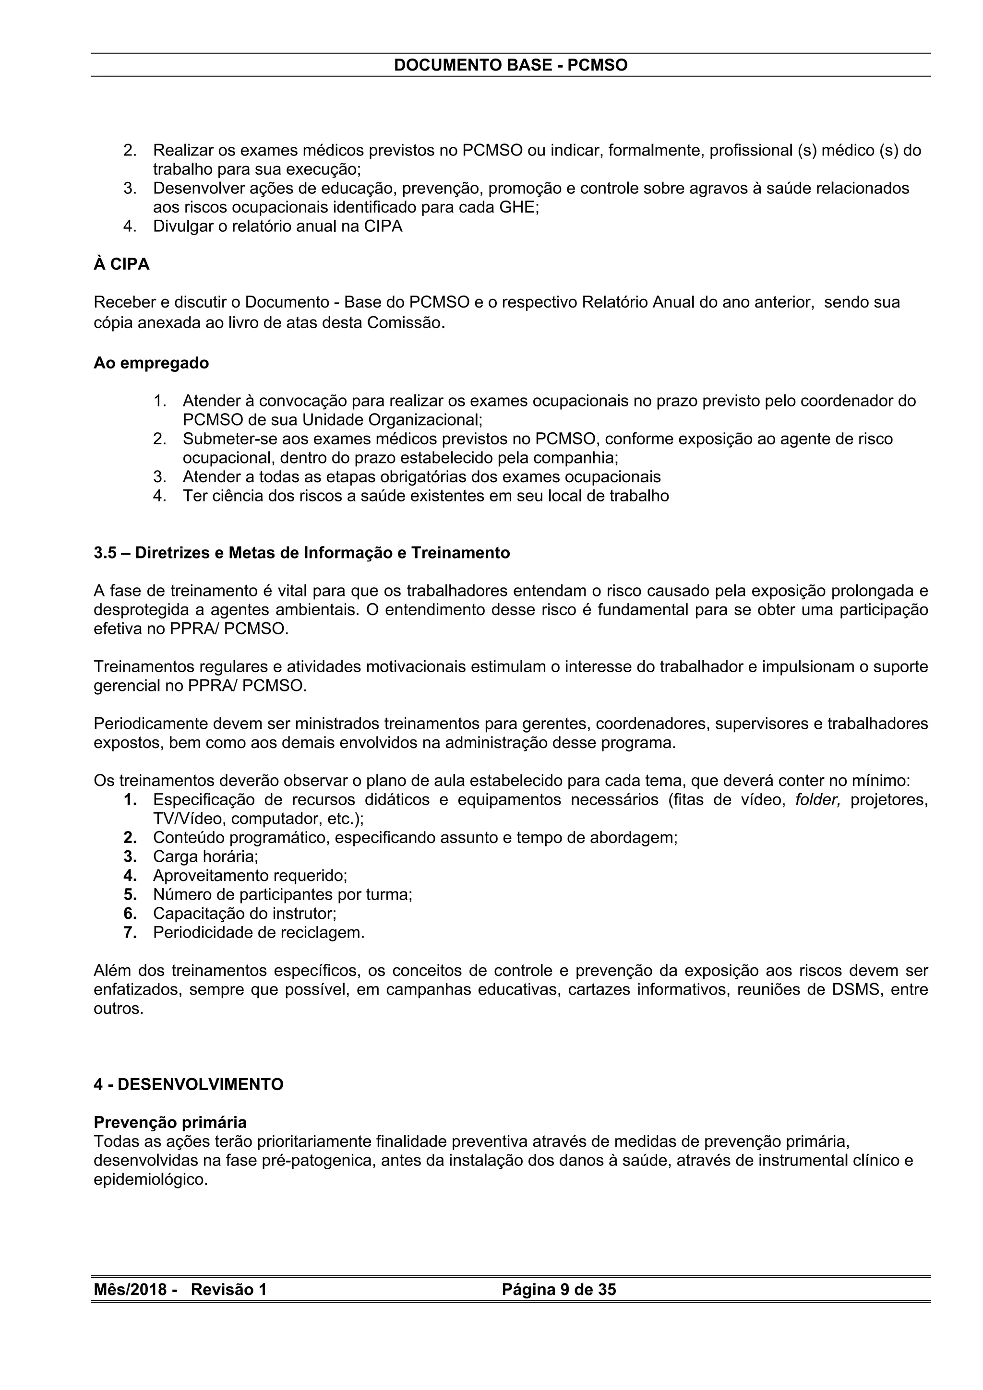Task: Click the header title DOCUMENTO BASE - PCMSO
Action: point(511,65)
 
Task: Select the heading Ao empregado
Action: point(151,363)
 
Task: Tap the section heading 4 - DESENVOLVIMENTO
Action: point(188,1084)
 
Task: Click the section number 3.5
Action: point(106,553)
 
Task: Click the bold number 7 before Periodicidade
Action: point(130,932)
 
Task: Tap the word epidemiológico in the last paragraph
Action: point(150,1180)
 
